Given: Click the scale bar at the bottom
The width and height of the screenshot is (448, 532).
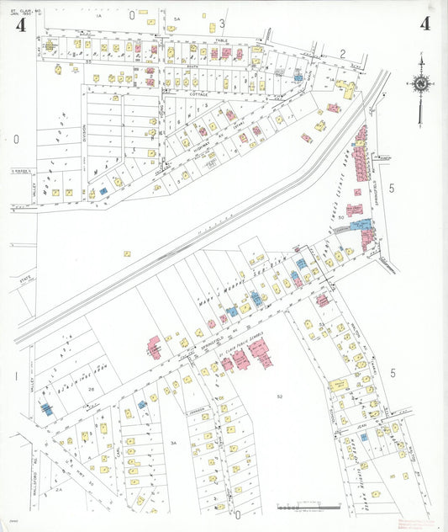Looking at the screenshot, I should pyautogui.click(x=308, y=508).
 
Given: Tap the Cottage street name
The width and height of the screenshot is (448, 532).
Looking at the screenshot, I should pyautogui.click(x=198, y=95).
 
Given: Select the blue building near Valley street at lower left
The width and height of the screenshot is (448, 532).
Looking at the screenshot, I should pyautogui.click(x=46, y=409).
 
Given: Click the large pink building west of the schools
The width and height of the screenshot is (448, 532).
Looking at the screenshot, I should pyautogui.click(x=155, y=346).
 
